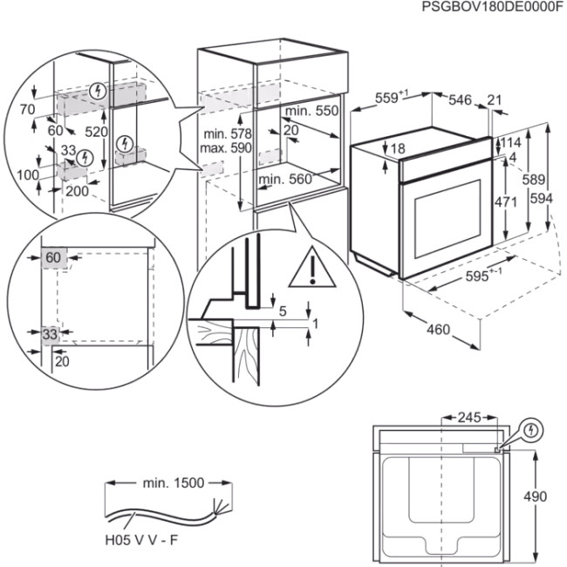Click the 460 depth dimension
438,329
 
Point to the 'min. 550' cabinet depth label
310,111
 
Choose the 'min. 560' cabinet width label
284,179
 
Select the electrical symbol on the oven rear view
531,429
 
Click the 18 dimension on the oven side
397,148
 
